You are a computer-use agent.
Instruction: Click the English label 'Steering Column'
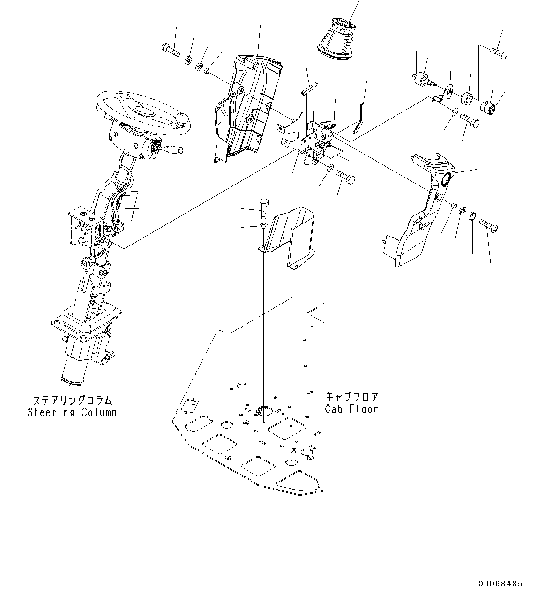pos(72,413)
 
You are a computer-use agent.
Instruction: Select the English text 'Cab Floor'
pos(351,408)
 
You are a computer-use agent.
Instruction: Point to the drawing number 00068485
pos(500,584)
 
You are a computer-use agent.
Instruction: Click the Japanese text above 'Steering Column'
pos(72,401)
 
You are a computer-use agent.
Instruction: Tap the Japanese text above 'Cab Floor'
pos(351,397)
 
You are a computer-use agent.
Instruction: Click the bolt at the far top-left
pos(171,49)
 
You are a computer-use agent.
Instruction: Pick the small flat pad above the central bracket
pos(309,87)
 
